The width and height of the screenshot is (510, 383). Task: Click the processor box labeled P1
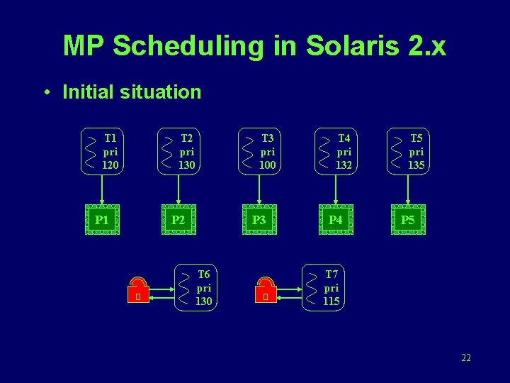click(102, 220)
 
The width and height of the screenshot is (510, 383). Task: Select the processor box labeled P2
click(178, 220)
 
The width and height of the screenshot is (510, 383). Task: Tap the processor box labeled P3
click(259, 220)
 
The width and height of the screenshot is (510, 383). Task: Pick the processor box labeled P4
click(336, 220)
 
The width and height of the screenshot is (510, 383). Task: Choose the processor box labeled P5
click(408, 220)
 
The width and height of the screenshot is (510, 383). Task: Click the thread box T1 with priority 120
click(103, 151)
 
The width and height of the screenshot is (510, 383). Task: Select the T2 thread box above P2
click(178, 151)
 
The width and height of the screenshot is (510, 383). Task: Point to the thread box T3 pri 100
click(260, 151)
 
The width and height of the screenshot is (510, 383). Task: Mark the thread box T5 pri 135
click(409, 151)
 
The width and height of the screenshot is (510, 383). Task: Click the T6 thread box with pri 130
click(195, 288)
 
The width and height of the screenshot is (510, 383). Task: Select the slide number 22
click(465, 357)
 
